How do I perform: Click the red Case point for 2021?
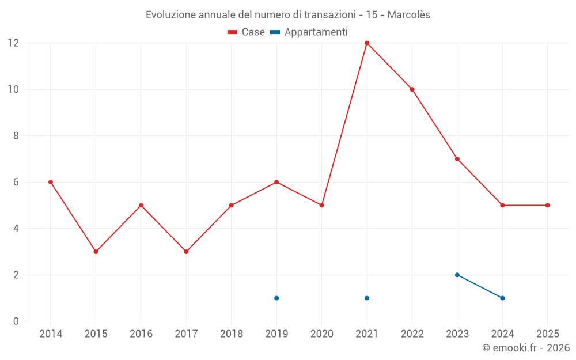367,43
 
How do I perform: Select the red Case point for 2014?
51,182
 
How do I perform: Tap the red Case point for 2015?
96,252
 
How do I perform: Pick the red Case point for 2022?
412,89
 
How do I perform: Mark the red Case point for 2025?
547,205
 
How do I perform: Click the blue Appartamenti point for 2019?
276,298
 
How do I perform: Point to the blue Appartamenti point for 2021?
367,298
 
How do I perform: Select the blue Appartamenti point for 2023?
457,275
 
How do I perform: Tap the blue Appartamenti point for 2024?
502,298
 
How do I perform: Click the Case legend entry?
247,32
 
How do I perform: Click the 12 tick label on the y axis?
13,43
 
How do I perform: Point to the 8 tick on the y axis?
16,136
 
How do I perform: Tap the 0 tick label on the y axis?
16,321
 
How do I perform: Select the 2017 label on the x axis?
186,334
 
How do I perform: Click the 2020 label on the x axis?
321,334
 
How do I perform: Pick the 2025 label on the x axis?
547,334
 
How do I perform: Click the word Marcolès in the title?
408,15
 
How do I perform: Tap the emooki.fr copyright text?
526,348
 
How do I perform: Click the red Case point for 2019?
276,182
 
